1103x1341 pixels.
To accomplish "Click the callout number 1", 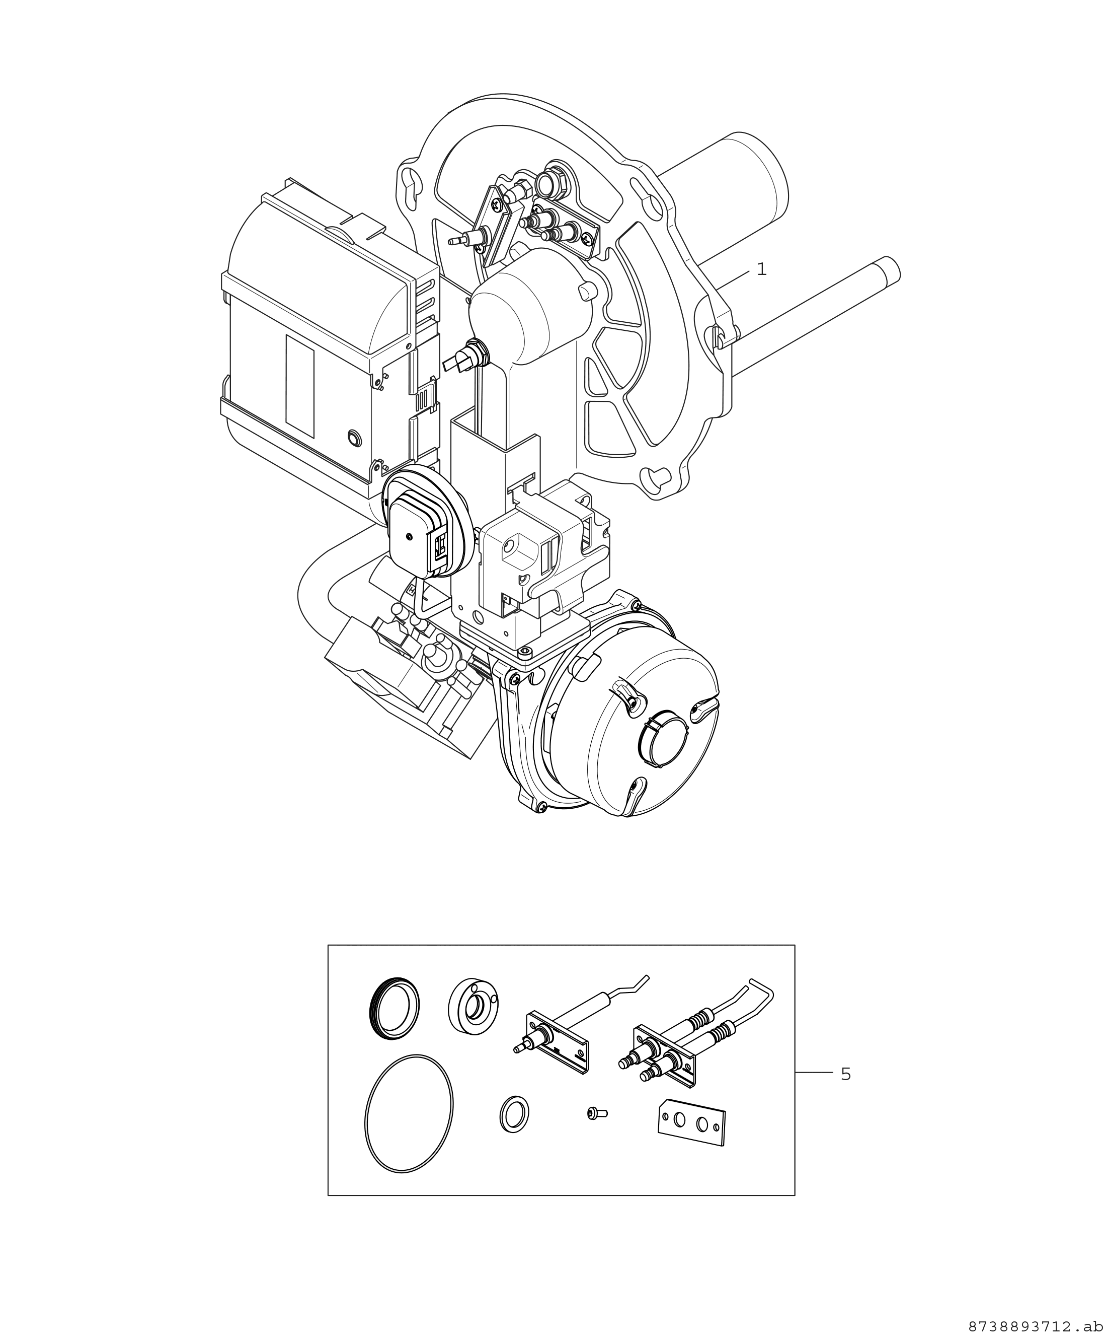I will click(761, 269).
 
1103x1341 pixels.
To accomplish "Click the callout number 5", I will click(845, 1075).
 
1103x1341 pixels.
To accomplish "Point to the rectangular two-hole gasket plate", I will click(691, 1123).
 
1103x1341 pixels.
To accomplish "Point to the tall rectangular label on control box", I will click(300, 386).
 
